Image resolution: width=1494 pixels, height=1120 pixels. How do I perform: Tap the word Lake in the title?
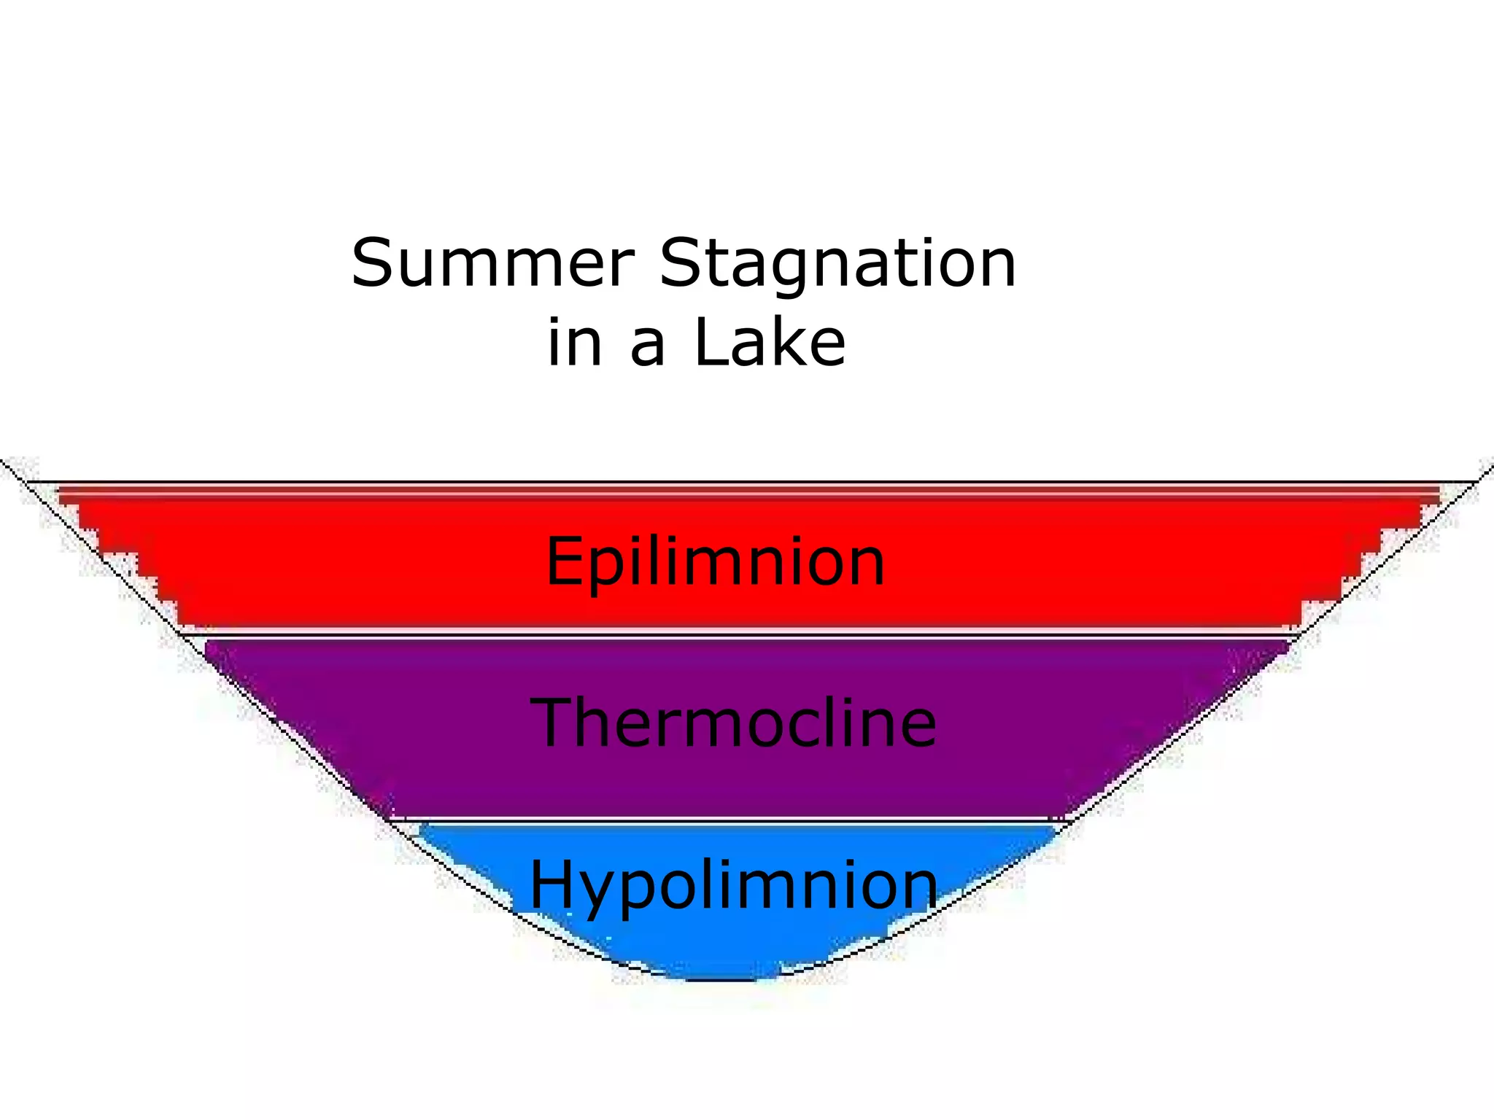pos(770,343)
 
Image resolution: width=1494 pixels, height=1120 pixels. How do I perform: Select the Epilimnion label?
pos(715,561)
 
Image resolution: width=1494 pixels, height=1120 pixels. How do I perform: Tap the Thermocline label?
pos(733,723)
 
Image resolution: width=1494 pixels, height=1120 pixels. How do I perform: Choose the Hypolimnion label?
pos(733,886)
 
